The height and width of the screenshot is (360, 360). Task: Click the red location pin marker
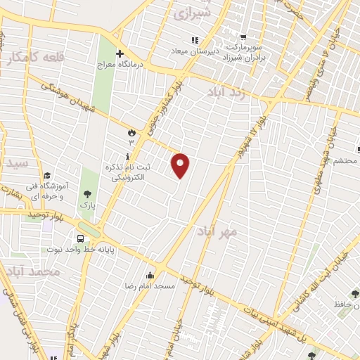(x=181, y=165)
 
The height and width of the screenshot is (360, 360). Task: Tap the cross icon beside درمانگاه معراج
(x=120, y=53)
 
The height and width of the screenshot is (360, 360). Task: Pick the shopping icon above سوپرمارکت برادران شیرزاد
(x=243, y=38)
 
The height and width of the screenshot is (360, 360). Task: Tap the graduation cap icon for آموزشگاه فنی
(x=46, y=176)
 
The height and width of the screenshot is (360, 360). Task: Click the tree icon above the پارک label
(x=87, y=193)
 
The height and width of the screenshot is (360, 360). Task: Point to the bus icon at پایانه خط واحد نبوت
(x=82, y=236)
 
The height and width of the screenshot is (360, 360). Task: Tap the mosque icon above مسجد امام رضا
(x=149, y=276)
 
